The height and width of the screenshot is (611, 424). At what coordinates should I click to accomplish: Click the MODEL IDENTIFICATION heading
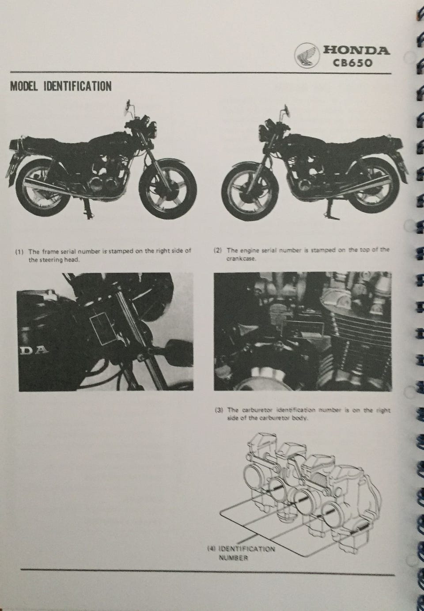(61, 87)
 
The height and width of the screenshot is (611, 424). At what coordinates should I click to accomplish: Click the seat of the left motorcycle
(54, 143)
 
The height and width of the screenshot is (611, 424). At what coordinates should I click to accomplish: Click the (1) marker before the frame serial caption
(19, 251)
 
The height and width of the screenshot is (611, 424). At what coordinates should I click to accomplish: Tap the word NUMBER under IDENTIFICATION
(233, 556)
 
